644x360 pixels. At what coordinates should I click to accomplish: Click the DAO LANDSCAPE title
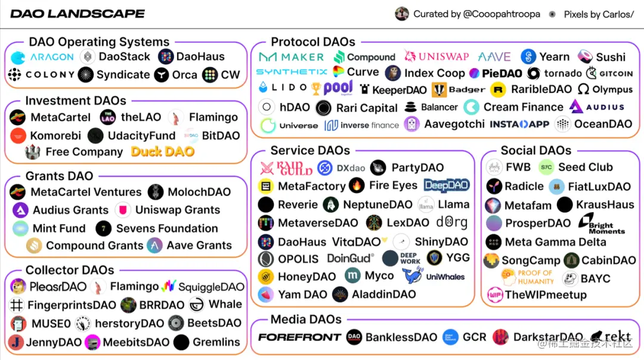[x=78, y=13]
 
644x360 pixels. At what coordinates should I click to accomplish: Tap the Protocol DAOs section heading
[x=312, y=42]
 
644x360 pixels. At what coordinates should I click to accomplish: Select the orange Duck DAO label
[x=163, y=151]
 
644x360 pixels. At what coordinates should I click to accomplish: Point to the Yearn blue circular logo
[x=528, y=57]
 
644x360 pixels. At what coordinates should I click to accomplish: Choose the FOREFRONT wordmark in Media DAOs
[x=299, y=337]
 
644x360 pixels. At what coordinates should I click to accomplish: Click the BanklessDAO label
[x=401, y=337]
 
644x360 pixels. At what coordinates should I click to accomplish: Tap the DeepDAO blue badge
[x=447, y=185]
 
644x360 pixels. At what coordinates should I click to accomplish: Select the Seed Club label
[x=585, y=167]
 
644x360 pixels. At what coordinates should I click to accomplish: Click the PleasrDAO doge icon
[x=18, y=287]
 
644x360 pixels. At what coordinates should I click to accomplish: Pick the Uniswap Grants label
[x=177, y=210]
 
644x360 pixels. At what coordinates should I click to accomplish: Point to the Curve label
[x=363, y=72]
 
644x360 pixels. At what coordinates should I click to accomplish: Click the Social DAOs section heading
[x=535, y=151]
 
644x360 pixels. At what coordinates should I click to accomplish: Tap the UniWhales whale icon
[x=411, y=276]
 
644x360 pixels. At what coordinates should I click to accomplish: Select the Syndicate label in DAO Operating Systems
[x=123, y=75]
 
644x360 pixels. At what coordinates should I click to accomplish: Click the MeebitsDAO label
[x=136, y=342]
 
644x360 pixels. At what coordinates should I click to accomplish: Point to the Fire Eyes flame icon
[x=357, y=185]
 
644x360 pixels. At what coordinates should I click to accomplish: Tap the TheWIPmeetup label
[x=545, y=295]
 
